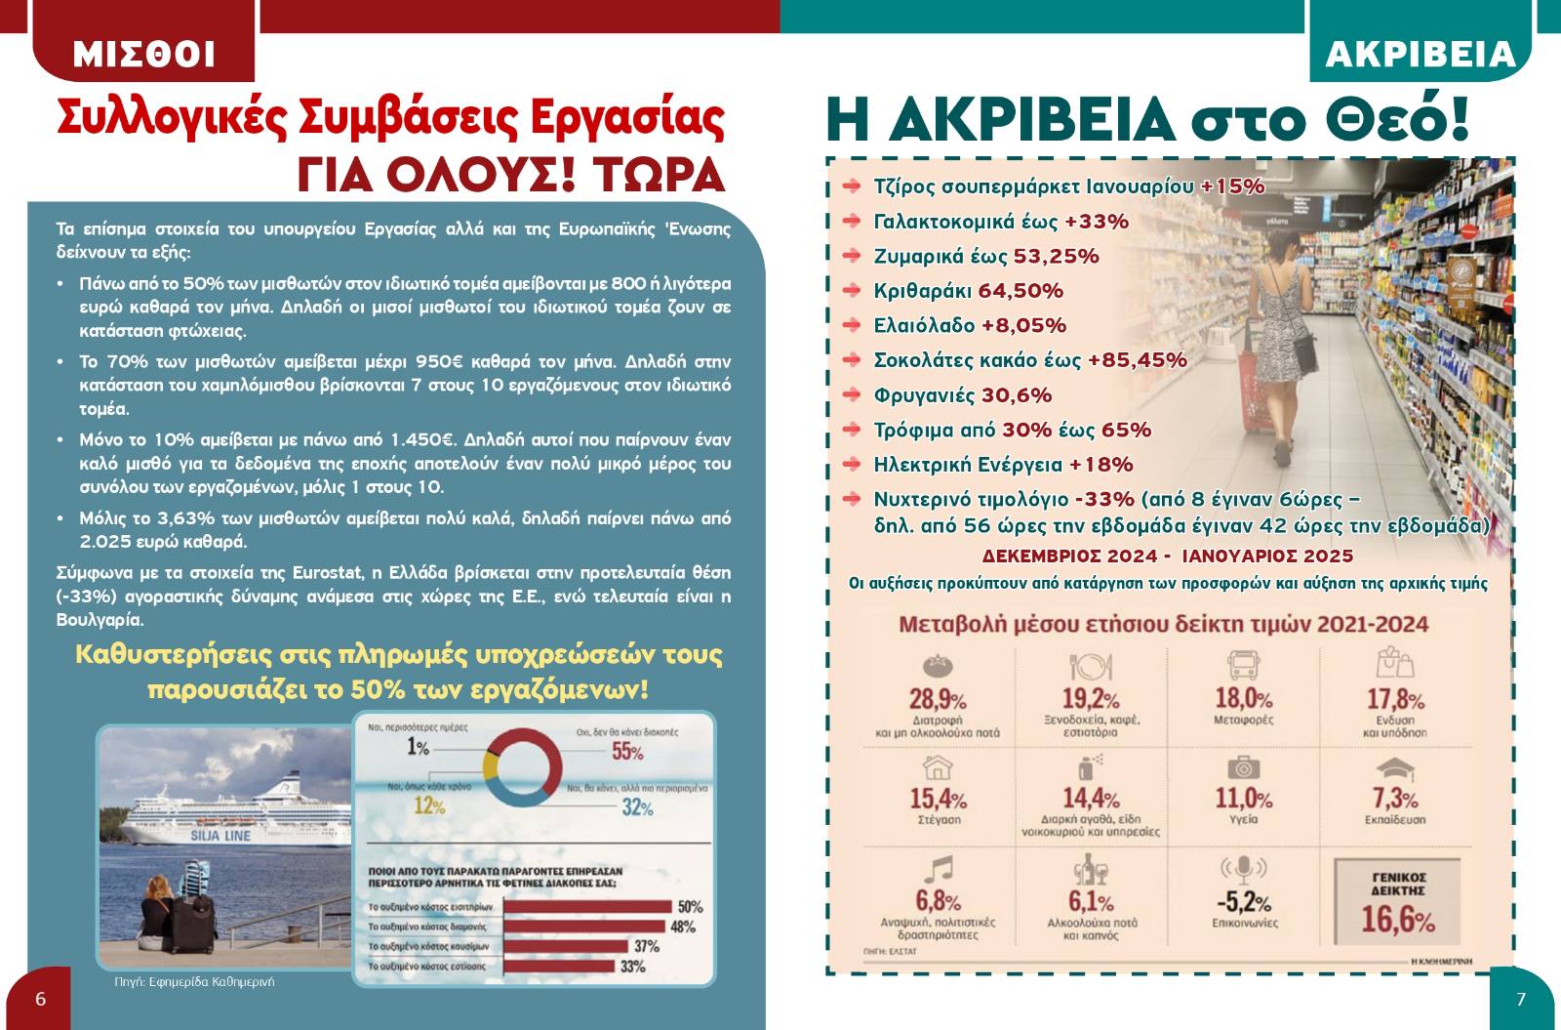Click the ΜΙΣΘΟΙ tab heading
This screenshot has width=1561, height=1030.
[x=143, y=55]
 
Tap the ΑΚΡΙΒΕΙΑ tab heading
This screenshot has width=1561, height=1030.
[x=1420, y=55]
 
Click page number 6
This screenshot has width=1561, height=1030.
[x=40, y=999]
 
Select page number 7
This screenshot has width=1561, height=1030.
[x=1520, y=999]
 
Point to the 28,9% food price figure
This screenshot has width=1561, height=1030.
[x=938, y=700]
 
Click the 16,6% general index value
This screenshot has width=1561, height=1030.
[x=1397, y=920]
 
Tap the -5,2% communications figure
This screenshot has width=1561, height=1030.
[x=1243, y=902]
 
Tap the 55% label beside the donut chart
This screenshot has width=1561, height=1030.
[x=627, y=752]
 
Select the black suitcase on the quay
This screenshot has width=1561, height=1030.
[x=195, y=914]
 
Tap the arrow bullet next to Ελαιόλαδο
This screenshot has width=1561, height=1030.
[x=852, y=325]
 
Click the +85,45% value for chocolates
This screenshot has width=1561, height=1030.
[x=1137, y=360]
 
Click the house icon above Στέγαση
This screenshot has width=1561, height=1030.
[x=938, y=767]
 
